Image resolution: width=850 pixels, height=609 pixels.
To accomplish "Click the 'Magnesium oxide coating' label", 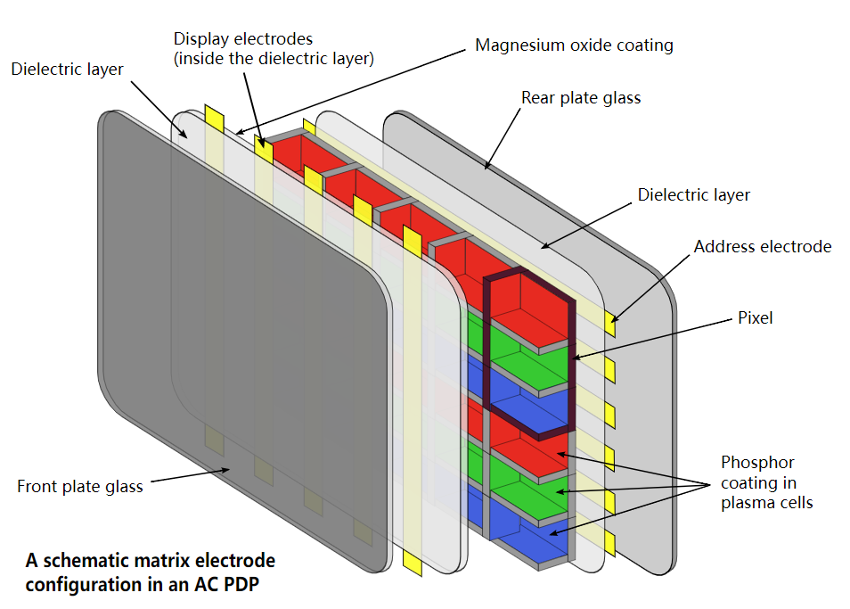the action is point(574,45).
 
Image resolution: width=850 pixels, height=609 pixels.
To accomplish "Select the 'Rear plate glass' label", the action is point(581,98).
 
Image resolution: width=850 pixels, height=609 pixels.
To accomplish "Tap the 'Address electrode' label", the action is point(762,247).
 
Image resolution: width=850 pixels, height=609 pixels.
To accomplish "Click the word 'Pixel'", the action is point(756,317).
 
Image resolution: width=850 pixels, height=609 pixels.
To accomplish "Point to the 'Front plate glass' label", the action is point(80,487).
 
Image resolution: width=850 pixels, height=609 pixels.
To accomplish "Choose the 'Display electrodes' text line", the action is point(243,39).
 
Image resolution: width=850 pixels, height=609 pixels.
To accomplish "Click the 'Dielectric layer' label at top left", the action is point(67,70).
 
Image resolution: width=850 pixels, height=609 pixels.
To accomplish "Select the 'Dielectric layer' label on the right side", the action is point(693,194).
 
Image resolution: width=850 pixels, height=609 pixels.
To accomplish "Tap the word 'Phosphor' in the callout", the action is point(757,463).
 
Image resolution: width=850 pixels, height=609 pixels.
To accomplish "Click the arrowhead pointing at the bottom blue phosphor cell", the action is point(554,533).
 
